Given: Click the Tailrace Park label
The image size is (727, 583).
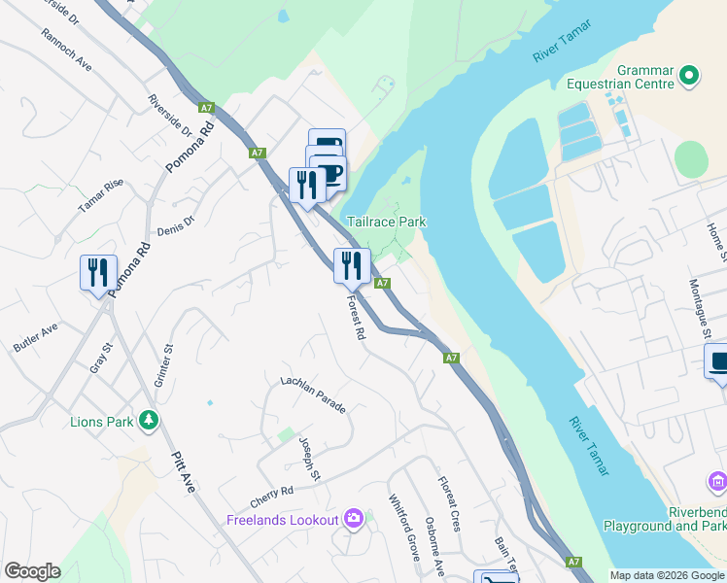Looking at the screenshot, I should [x=387, y=222].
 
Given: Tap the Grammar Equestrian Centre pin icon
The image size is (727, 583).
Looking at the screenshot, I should [x=689, y=75].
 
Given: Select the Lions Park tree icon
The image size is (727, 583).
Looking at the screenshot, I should [x=148, y=420].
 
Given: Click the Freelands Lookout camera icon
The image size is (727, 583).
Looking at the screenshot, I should [x=354, y=519].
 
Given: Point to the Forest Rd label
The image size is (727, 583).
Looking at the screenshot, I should [x=355, y=318].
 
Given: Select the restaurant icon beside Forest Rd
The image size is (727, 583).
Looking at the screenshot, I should [x=351, y=263].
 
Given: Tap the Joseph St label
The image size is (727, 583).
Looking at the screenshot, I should [x=309, y=458].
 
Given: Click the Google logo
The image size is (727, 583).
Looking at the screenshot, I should [x=32, y=571].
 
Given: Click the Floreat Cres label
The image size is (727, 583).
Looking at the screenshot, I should [x=448, y=503].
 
